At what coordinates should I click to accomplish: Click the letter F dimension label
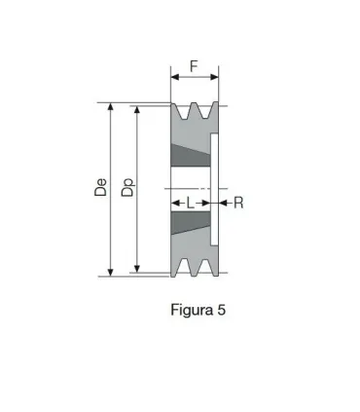click(195, 67)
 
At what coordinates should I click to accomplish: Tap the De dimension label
click(101, 188)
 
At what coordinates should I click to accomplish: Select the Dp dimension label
click(127, 188)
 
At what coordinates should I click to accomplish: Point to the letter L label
click(191, 204)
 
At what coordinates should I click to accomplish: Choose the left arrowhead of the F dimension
click(174, 76)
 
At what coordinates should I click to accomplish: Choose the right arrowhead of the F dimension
click(216, 76)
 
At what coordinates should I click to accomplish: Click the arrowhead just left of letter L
click(176, 204)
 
